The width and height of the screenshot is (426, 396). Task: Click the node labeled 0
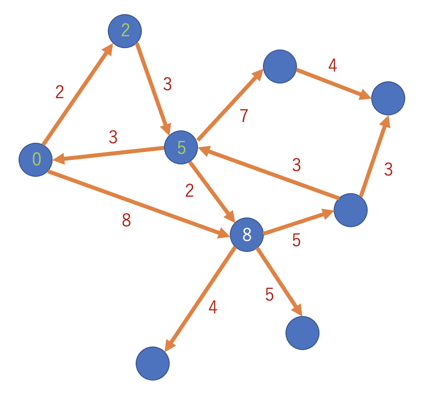pyautogui.click(x=36, y=160)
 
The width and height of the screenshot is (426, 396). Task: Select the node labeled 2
pyautogui.click(x=125, y=31)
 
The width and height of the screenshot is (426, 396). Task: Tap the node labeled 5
pyautogui.click(x=181, y=147)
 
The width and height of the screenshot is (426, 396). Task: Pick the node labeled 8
pyautogui.click(x=247, y=235)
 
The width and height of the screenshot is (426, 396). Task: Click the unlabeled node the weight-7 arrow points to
pyautogui.click(x=280, y=66)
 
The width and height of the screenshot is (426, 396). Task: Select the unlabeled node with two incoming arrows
pyautogui.click(x=388, y=98)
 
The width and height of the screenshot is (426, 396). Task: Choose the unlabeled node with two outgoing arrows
pyautogui.click(x=351, y=210)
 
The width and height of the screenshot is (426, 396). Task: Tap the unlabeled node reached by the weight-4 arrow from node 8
pyautogui.click(x=153, y=363)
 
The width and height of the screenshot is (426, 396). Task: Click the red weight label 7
pyautogui.click(x=244, y=115)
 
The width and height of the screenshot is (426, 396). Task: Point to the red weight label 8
pyautogui.click(x=126, y=220)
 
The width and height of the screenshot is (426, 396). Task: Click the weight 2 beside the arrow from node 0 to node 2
pyautogui.click(x=60, y=92)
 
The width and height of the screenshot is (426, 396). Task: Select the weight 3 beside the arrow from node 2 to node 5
pyautogui.click(x=167, y=84)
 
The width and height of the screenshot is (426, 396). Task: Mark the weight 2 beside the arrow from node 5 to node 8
pyautogui.click(x=190, y=190)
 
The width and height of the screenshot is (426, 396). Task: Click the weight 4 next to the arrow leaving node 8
pyautogui.click(x=213, y=307)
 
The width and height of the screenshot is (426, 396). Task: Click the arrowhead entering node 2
pyautogui.click(x=108, y=49)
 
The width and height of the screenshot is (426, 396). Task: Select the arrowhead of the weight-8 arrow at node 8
pyautogui.click(x=224, y=233)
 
